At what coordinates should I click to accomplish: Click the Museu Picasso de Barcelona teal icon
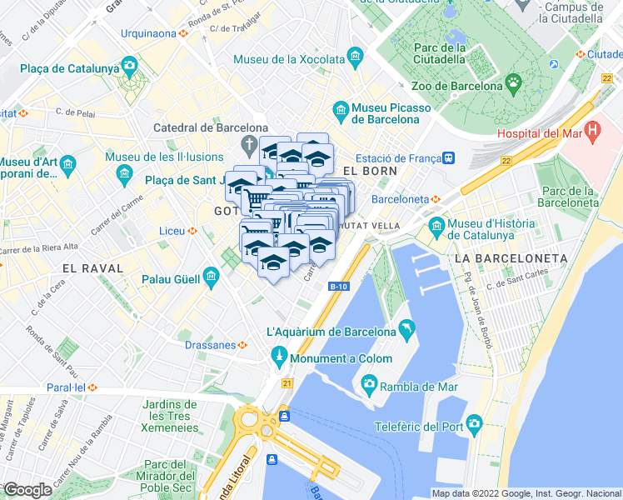click(340, 109)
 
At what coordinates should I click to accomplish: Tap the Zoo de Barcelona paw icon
click(515, 84)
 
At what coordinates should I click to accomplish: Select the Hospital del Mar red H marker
click(592, 130)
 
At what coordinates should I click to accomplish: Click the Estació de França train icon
click(448, 157)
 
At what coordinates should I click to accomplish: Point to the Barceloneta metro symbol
click(435, 199)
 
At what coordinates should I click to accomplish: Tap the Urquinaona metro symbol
click(183, 34)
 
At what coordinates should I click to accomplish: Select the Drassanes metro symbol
click(242, 344)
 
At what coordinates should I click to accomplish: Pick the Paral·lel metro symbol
click(94, 387)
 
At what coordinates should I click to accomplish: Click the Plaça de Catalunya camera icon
click(129, 64)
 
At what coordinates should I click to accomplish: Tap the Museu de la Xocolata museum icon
click(356, 57)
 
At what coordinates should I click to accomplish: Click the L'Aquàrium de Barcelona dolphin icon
click(406, 330)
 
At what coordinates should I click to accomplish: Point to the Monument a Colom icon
click(281, 359)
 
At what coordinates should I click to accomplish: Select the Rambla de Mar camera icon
click(368, 385)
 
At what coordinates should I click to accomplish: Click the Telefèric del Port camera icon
click(474, 422)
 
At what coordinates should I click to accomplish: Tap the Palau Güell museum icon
click(211, 275)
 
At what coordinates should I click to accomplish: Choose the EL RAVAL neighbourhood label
click(92, 268)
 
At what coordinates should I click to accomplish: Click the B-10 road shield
click(338, 287)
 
